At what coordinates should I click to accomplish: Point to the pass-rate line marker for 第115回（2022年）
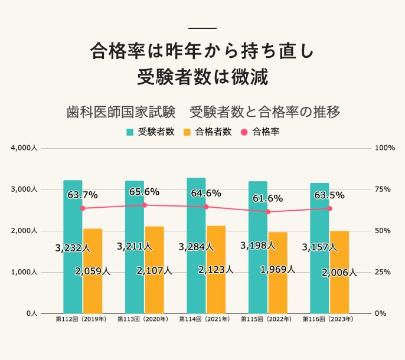pyautogui.click(x=267, y=211)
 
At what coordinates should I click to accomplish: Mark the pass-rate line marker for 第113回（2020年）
pyautogui.click(x=144, y=205)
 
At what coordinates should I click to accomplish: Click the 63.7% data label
pyautogui.click(x=83, y=195)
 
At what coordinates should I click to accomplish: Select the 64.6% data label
pyautogui.click(x=206, y=193)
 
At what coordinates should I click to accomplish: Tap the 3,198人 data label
pyautogui.click(x=258, y=245)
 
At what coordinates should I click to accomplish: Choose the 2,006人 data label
pyautogui.click(x=339, y=273)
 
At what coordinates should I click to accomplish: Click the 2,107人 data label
pyautogui.click(x=154, y=271)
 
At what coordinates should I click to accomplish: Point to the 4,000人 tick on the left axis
pyautogui.click(x=24, y=148)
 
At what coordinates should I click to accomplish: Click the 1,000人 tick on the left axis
pyautogui.click(x=24, y=272)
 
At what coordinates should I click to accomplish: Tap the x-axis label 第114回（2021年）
pyautogui.click(x=205, y=319)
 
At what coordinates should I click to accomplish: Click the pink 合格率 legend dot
pyautogui.click(x=244, y=132)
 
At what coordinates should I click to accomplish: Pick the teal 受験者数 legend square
pyautogui.click(x=130, y=132)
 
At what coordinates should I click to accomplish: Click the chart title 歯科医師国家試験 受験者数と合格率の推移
pyautogui.click(x=203, y=112)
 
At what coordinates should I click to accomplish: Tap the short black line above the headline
pyautogui.click(x=202, y=28)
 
